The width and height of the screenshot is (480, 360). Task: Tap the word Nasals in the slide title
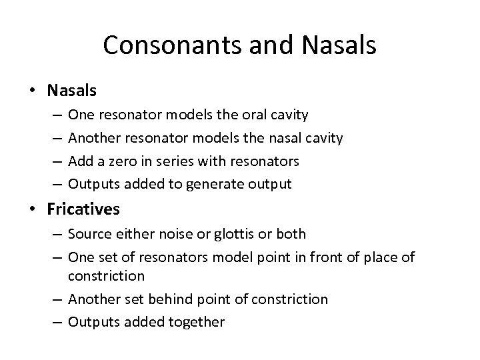point(339,45)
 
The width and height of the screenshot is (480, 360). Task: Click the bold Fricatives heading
point(83,209)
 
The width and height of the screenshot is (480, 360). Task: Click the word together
point(197,322)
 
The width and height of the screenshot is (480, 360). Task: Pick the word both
point(291,234)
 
